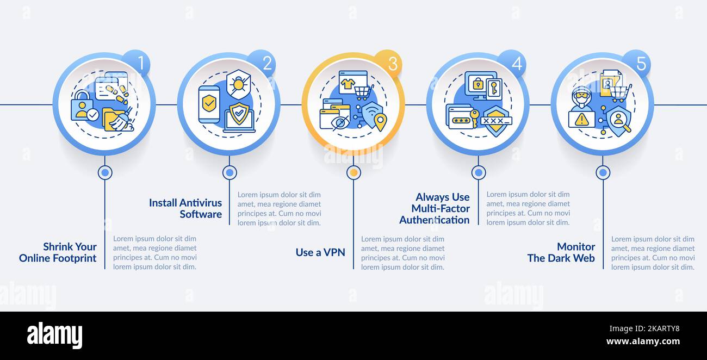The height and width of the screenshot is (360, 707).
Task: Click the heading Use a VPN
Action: click(x=320, y=252)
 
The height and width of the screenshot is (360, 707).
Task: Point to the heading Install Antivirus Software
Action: click(x=185, y=208)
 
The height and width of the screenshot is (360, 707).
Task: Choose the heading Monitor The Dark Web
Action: click(x=561, y=252)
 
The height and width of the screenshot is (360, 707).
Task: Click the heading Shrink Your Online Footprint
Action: click(x=58, y=252)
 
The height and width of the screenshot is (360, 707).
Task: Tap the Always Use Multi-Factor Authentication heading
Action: click(x=435, y=208)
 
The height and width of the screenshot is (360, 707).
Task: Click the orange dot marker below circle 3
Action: click(x=354, y=172)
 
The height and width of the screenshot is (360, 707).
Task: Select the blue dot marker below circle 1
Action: click(x=105, y=172)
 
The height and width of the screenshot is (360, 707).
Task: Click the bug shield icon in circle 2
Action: click(x=239, y=84)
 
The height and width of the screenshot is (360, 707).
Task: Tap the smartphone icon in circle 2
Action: click(x=209, y=104)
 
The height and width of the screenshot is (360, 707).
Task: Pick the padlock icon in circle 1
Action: click(x=82, y=105)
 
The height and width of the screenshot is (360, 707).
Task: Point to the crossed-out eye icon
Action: click(x=340, y=123)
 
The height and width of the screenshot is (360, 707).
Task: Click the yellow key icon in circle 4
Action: click(x=474, y=117)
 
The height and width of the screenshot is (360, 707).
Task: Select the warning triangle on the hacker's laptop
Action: click(x=581, y=120)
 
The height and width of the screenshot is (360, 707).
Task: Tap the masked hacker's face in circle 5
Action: click(x=581, y=97)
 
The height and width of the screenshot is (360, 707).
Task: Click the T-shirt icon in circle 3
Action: click(x=348, y=83)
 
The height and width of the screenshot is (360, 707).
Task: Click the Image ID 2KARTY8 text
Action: click(x=644, y=328)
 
